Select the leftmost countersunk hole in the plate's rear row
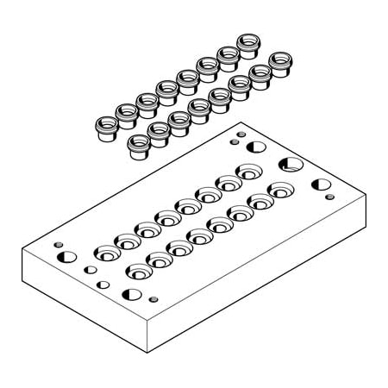[x=107, y=253]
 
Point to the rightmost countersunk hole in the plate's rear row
[x=249, y=172]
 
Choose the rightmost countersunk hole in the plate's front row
[x=280, y=190]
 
